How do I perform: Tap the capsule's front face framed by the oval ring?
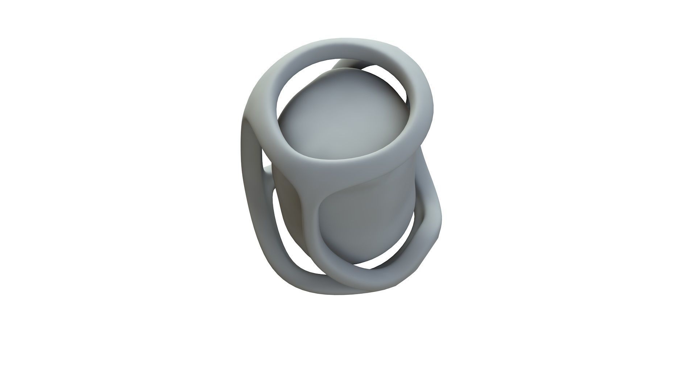pos(366,221)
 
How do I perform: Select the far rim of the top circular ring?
pos(348,51)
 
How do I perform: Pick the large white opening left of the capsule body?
pos(286,232)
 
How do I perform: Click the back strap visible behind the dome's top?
pos(348,64)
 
